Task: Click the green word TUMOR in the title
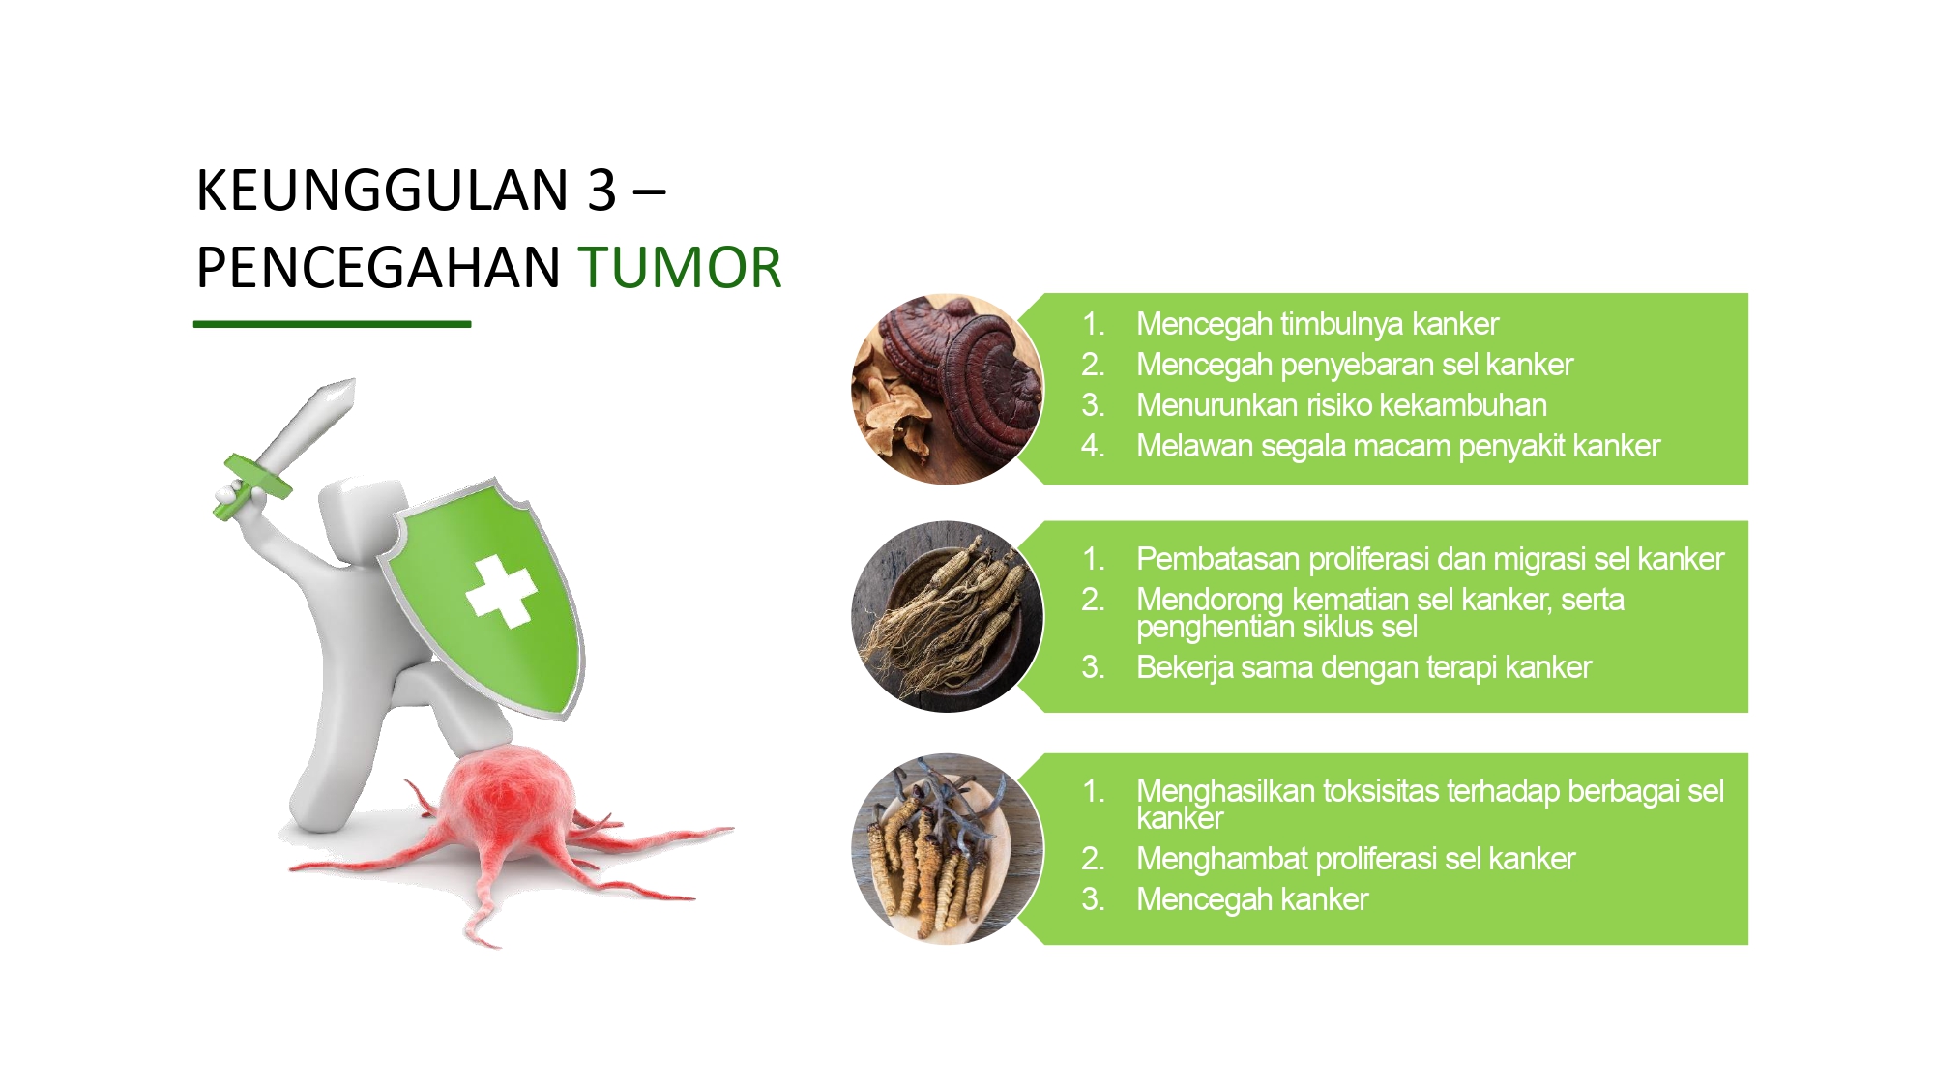(680, 267)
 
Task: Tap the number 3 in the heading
(601, 190)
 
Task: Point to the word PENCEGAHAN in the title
(378, 267)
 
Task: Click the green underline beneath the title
(332, 324)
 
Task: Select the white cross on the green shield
(501, 591)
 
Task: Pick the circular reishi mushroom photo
(948, 389)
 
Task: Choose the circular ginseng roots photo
(948, 617)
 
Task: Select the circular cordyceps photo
(948, 849)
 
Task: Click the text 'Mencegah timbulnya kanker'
(1317, 324)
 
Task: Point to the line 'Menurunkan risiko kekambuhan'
(1341, 405)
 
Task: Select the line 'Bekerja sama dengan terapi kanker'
(1363, 667)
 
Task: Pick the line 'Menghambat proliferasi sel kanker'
(1356, 859)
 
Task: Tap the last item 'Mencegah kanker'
(1252, 899)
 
